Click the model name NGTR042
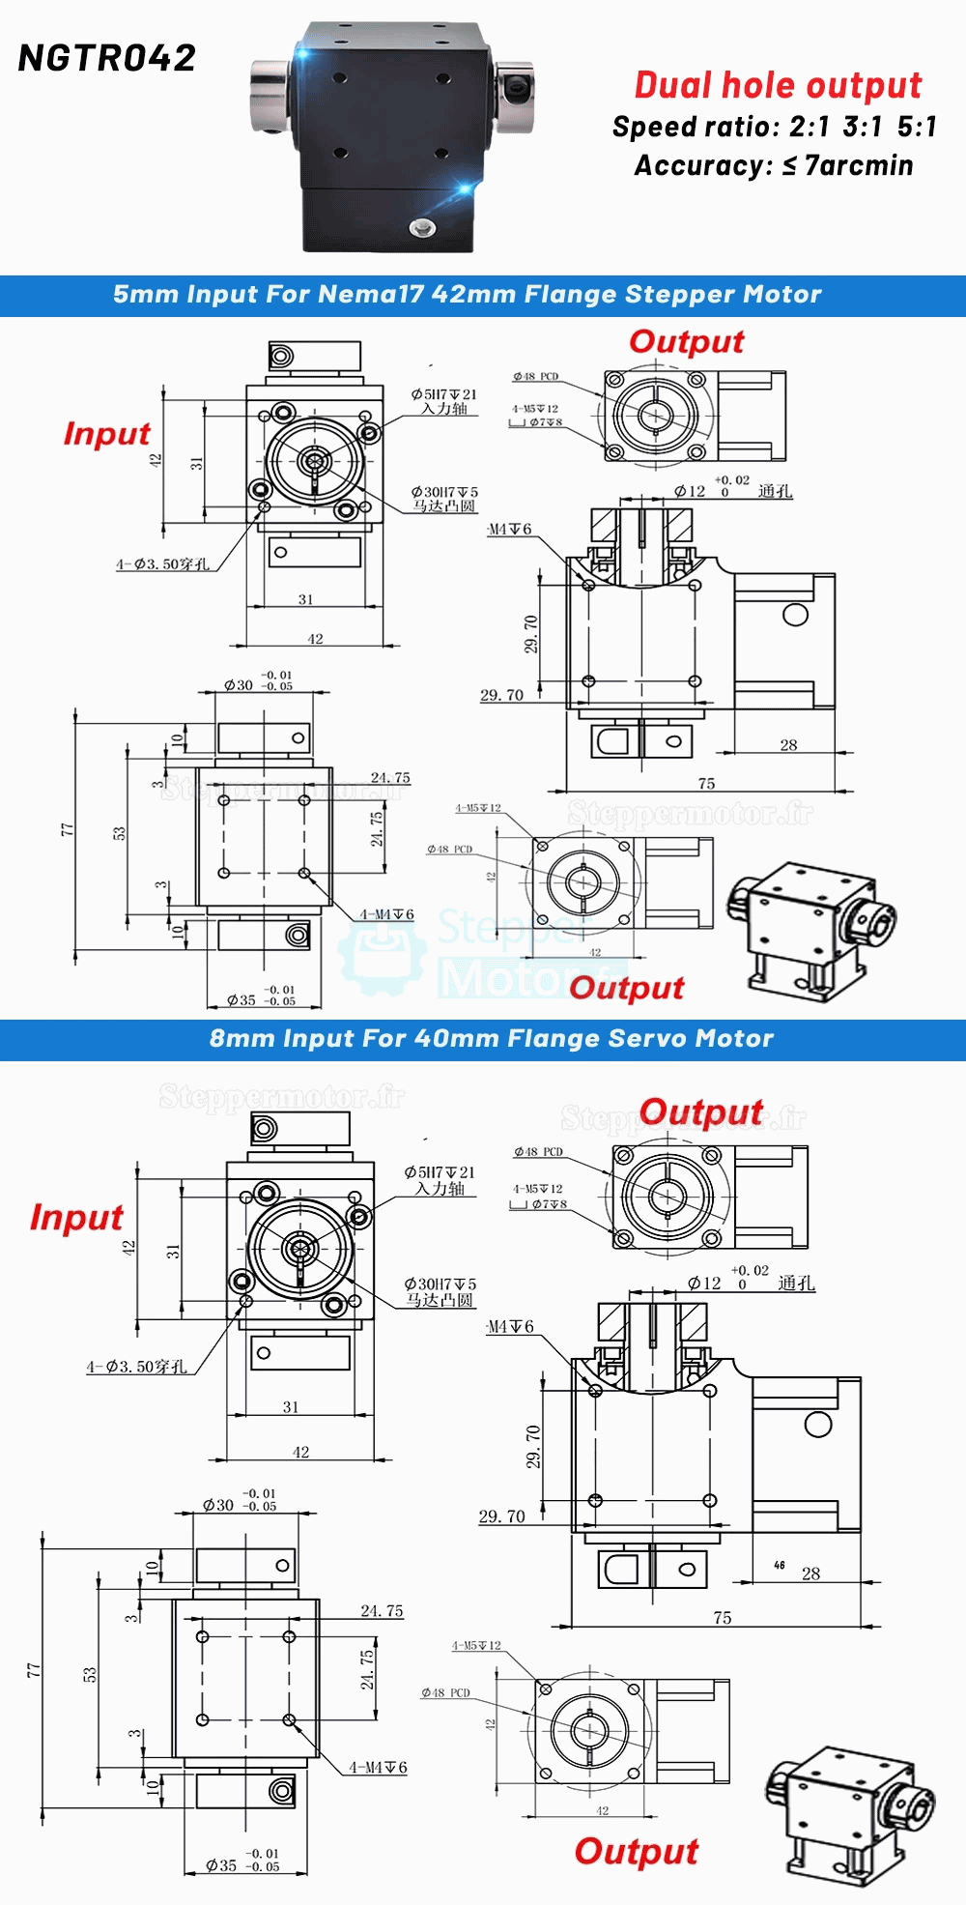[107, 59]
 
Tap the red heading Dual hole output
[778, 85]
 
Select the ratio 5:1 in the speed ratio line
[916, 127]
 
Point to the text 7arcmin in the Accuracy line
[859, 165]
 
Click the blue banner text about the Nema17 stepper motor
[468, 295]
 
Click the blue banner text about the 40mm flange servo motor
[491, 1039]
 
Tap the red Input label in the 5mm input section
[106, 434]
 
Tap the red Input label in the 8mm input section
[76, 1217]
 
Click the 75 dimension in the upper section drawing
[706, 784]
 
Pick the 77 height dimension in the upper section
[66, 830]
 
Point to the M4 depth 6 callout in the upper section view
[509, 530]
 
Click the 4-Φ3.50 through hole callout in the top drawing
[162, 564]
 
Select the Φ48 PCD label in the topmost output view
[536, 377]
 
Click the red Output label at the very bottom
[636, 1852]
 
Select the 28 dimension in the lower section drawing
[810, 1573]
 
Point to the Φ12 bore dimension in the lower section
[704, 1284]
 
